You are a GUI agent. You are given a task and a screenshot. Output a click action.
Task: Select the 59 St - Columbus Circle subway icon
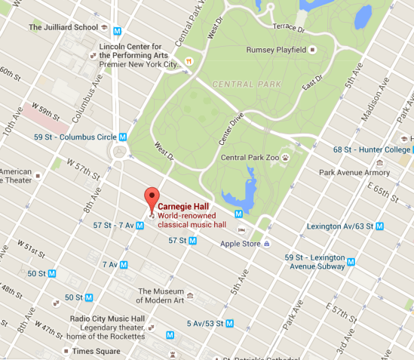pos(122,137)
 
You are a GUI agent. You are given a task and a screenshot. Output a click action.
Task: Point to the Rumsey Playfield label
pos(276,50)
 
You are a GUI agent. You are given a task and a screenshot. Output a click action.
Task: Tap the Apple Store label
pos(240,244)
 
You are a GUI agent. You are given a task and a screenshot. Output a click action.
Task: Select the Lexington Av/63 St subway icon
pos(379,226)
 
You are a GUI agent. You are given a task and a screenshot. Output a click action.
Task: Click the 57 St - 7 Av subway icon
pos(140,225)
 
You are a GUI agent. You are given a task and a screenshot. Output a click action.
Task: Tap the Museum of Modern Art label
pos(161,296)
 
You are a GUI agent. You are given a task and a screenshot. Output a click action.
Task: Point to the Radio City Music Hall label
pos(106,318)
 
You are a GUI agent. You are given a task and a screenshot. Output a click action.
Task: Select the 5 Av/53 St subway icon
pos(231,323)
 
